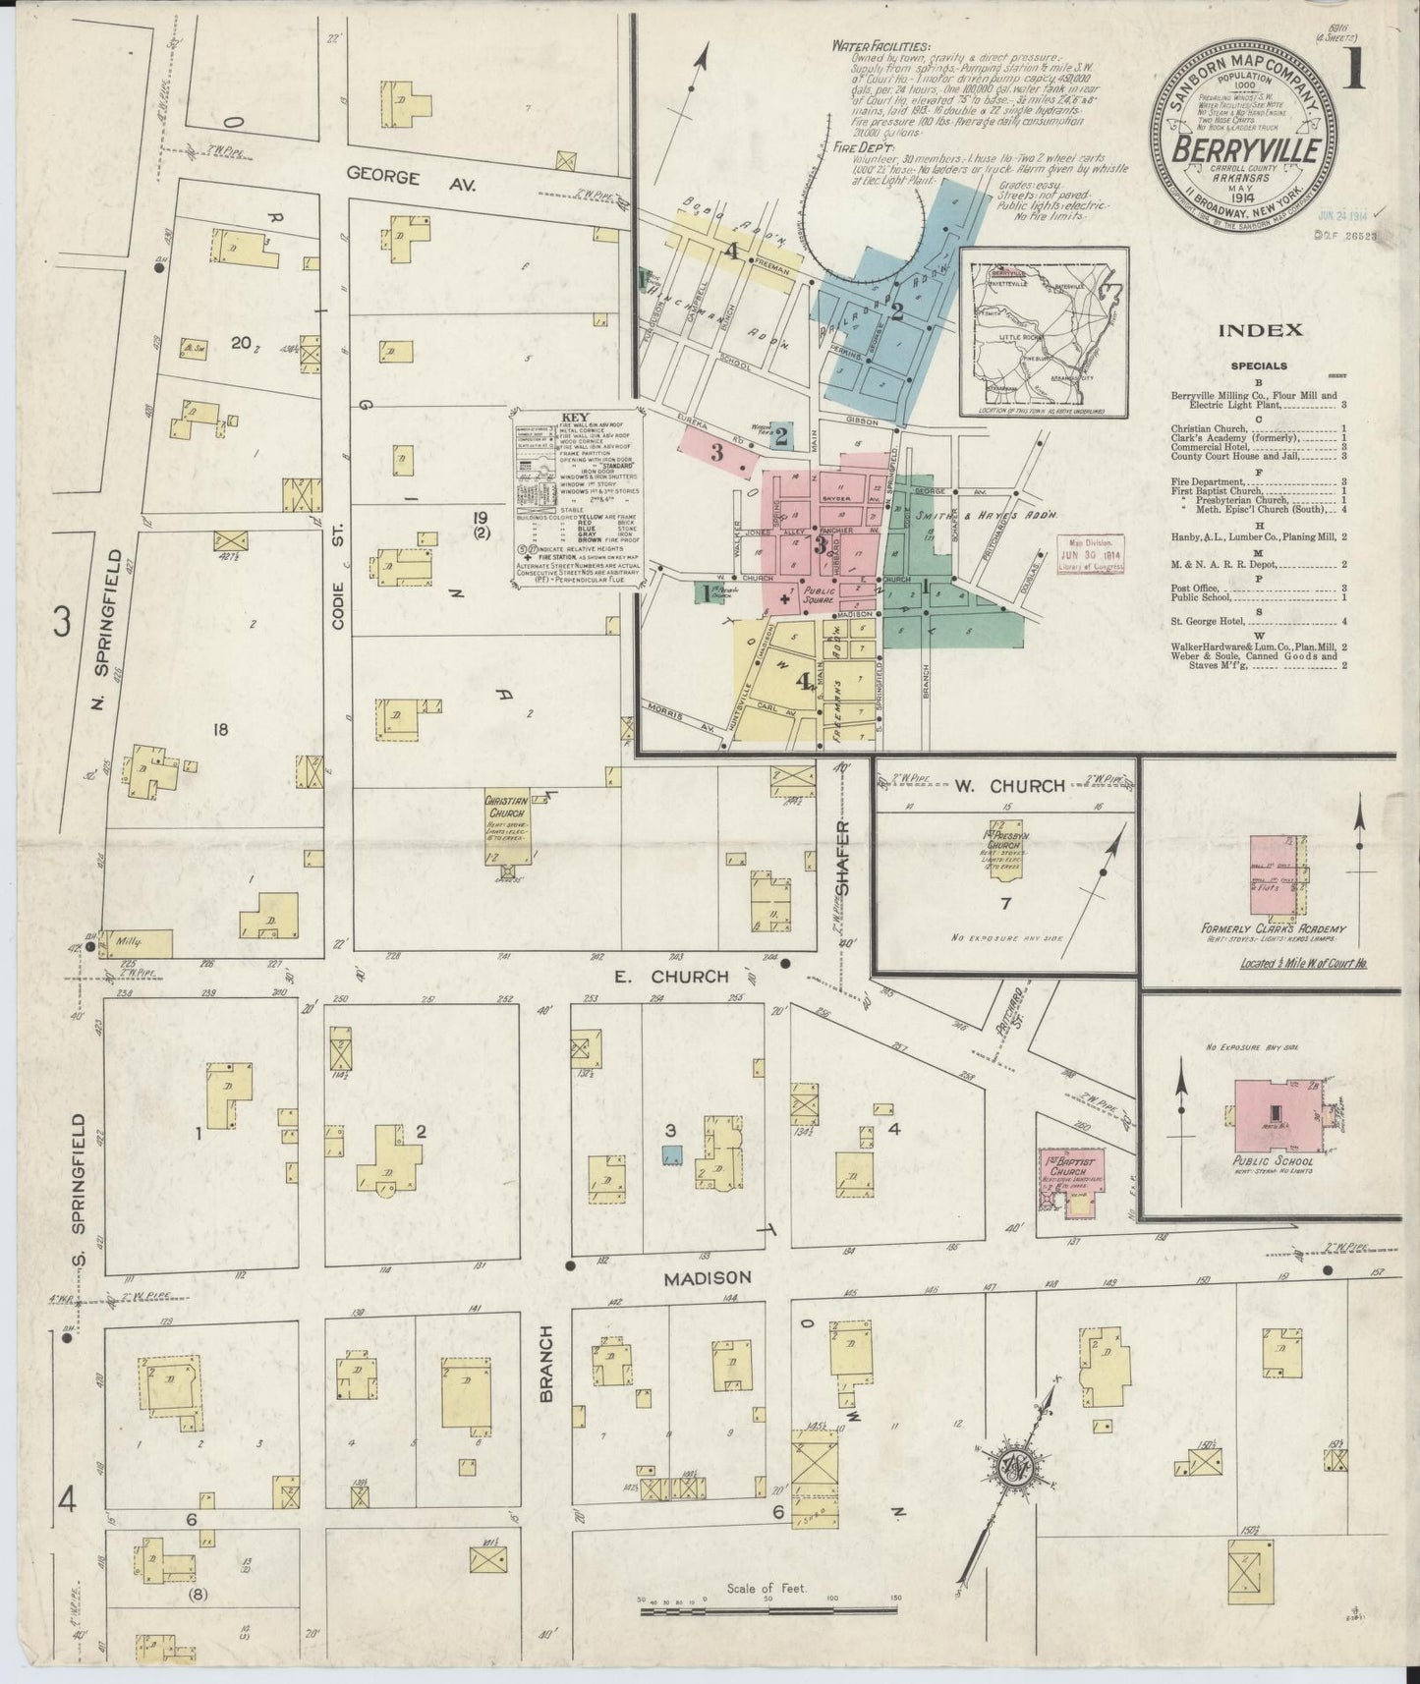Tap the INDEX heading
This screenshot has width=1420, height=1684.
(x=1261, y=330)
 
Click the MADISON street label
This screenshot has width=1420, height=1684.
(x=706, y=1277)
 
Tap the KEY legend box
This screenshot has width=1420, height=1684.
(x=575, y=499)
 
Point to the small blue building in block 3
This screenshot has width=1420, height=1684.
(x=672, y=1156)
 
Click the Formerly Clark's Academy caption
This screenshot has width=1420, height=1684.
(x=1272, y=928)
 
